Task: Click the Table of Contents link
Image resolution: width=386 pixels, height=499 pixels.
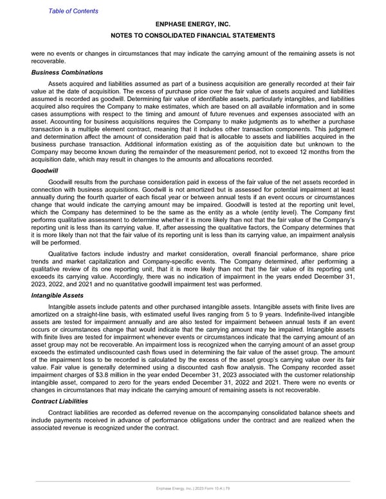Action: pos(73,11)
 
